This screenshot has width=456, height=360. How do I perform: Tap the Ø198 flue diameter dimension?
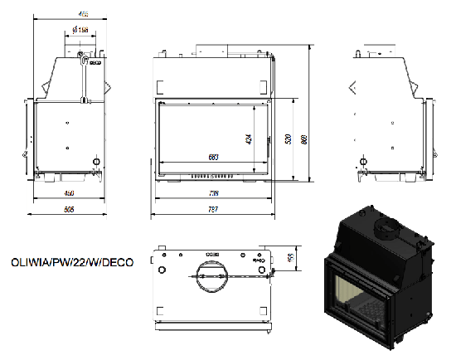click(81, 31)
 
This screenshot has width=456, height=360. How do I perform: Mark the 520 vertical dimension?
click(288, 139)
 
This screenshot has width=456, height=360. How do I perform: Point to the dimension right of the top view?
click(290, 259)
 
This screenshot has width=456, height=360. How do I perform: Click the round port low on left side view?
click(95, 161)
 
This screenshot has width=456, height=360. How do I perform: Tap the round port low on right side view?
click(361, 161)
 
